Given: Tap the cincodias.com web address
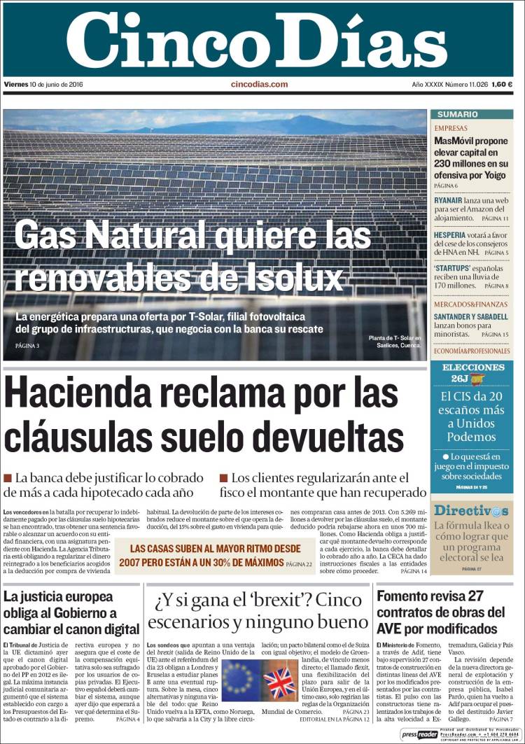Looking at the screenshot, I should (259, 85).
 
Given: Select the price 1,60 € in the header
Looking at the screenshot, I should (502, 85).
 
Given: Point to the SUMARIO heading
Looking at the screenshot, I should (457, 114).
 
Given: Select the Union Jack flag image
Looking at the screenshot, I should (279, 679).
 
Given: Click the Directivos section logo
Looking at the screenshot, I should (470, 511).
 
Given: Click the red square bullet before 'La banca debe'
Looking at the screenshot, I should (8, 478).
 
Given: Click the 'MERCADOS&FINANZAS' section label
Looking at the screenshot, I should (470, 304).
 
